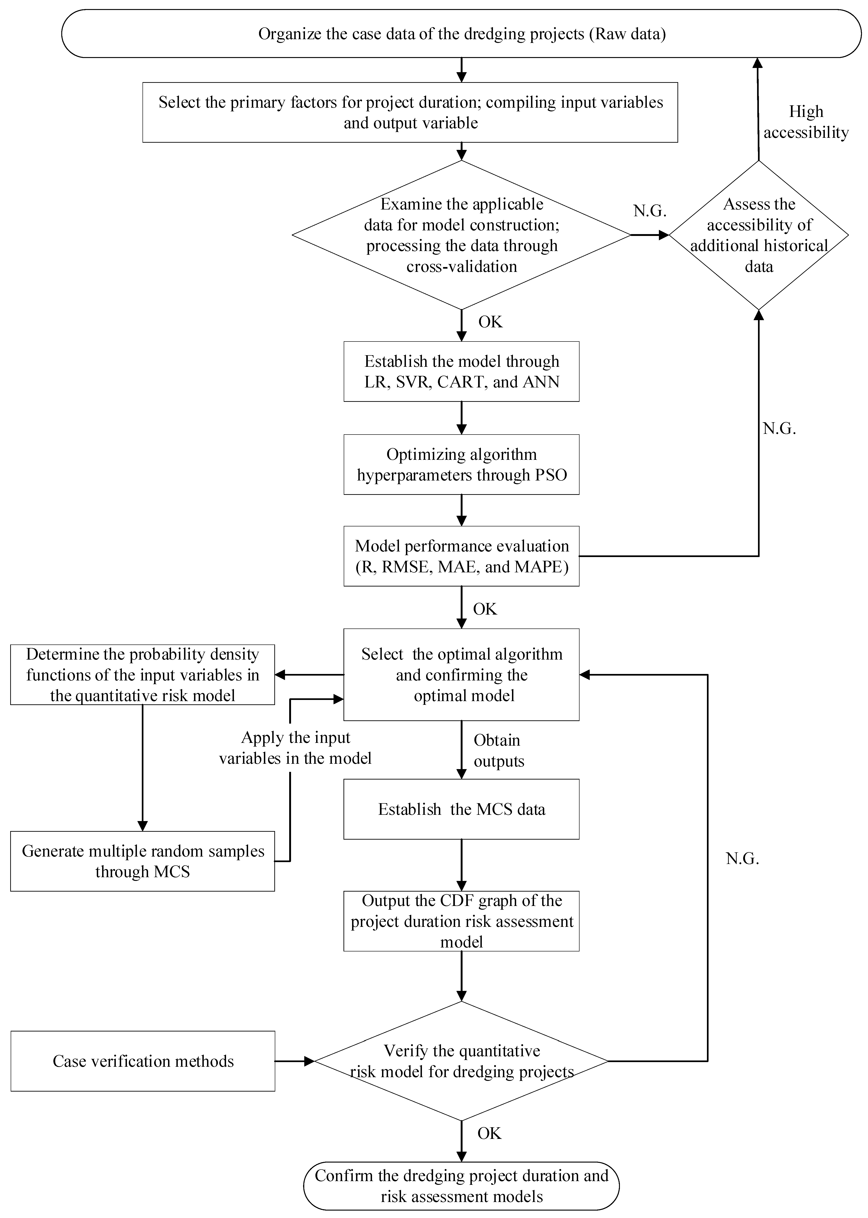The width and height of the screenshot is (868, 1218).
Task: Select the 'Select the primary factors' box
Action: (410, 112)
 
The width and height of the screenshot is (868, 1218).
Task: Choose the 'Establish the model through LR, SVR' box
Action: (461, 371)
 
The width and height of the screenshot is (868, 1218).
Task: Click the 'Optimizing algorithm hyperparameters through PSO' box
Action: (461, 464)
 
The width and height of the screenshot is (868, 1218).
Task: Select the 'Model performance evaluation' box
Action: (461, 556)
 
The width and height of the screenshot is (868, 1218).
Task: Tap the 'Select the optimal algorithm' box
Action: (461, 675)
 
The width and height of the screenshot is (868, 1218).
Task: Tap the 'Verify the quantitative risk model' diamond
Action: (461, 1061)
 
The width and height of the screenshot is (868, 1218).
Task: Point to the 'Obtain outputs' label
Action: (498, 751)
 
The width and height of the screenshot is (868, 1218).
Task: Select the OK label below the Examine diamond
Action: (490, 322)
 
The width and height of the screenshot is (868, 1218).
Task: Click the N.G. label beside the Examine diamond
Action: (650, 211)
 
